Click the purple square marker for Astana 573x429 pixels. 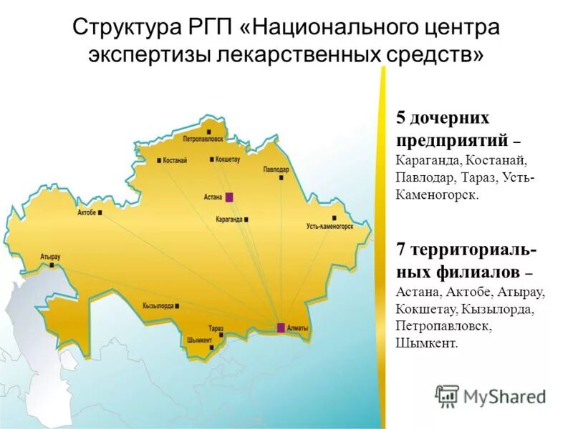(x=229, y=197)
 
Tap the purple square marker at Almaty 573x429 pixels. (x=281, y=327)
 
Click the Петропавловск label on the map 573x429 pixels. (x=203, y=138)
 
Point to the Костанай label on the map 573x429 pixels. (x=175, y=160)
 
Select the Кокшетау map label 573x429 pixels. (x=228, y=159)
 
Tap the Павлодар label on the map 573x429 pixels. (x=276, y=170)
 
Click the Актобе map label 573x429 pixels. (x=87, y=212)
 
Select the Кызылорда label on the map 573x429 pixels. (x=158, y=305)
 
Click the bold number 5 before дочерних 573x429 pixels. (x=401, y=118)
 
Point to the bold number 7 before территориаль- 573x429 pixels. (x=401, y=250)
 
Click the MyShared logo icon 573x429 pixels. (x=447, y=396)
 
